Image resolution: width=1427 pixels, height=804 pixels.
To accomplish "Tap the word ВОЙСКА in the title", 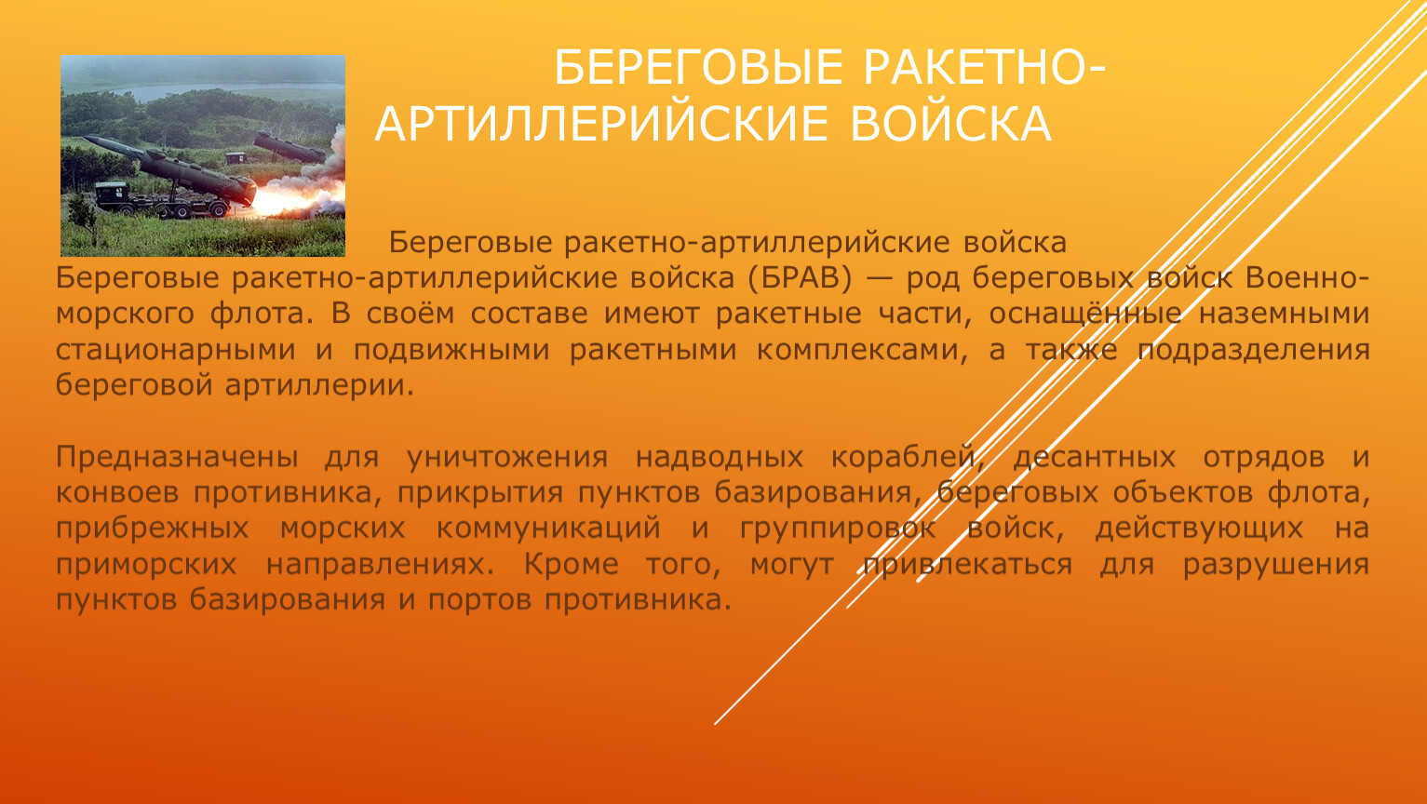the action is point(950,124).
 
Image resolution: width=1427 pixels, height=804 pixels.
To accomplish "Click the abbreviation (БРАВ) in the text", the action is point(801,279).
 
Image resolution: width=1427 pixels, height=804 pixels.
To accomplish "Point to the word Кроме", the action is point(571,565).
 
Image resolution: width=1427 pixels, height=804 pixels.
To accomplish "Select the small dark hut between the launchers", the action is point(236,158).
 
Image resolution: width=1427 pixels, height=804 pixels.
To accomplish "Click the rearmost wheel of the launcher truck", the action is point(219,209).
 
